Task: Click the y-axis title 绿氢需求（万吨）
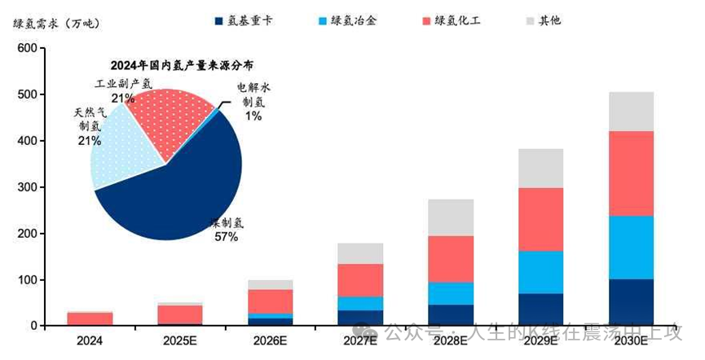(x=56, y=23)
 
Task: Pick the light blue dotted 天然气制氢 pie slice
(x=122, y=151)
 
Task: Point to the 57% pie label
(x=227, y=237)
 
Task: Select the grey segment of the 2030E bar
(x=631, y=112)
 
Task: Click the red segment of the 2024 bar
(x=90, y=318)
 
